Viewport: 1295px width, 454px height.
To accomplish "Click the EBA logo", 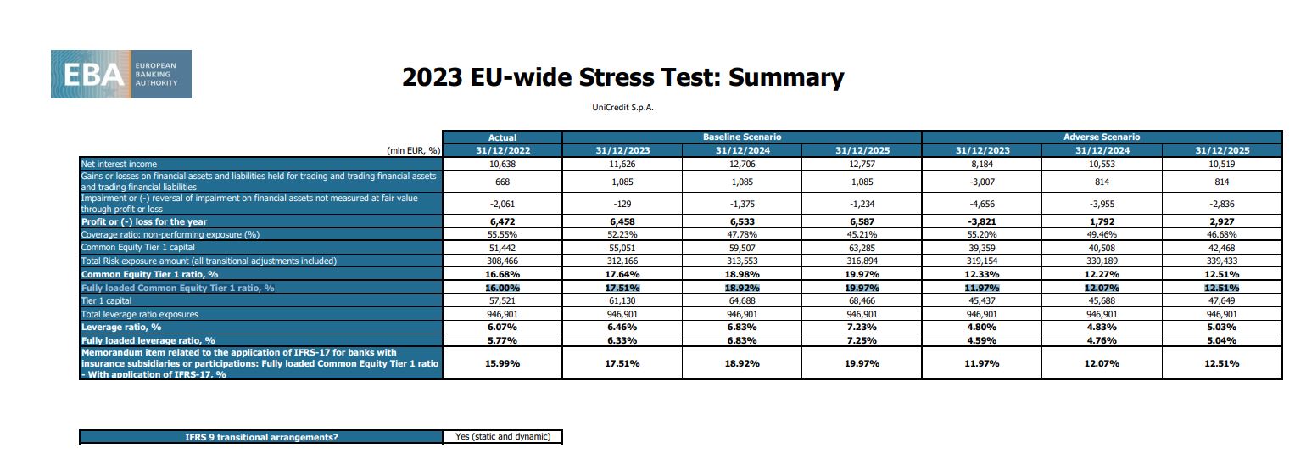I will point(120,74).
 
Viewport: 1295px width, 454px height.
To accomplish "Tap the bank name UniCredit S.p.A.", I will point(623,108).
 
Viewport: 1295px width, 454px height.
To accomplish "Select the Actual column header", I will point(502,137).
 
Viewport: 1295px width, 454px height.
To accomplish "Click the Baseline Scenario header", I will point(741,137).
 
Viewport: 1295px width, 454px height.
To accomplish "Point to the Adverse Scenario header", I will point(1101,137).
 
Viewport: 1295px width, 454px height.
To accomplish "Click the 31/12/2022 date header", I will point(502,150).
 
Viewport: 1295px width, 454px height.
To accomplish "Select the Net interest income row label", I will point(119,164).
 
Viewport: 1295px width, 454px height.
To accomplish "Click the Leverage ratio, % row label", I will point(120,327).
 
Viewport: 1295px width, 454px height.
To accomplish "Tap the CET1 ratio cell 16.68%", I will point(502,274).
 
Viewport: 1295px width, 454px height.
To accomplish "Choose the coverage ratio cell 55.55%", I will point(502,234).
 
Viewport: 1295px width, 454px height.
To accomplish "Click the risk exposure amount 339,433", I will point(1220,261).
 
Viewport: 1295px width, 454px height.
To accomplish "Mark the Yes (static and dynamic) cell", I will point(502,437).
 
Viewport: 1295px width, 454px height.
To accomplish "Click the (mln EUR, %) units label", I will point(413,150).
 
